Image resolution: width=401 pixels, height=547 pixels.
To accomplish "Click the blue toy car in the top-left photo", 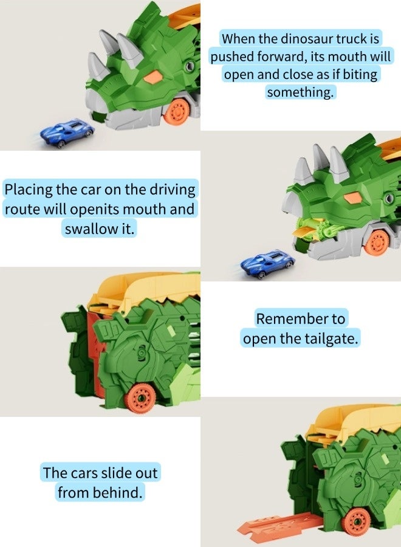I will point(67,132).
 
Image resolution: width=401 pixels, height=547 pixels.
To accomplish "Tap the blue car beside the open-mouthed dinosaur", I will point(267,263).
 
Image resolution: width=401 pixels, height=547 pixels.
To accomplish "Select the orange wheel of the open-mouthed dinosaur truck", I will point(379,242).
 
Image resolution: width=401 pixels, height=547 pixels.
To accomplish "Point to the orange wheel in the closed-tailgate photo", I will point(141,398).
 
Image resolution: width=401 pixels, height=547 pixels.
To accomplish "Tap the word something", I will point(300,92).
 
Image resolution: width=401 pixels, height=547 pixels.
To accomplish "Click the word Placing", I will point(28,189).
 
